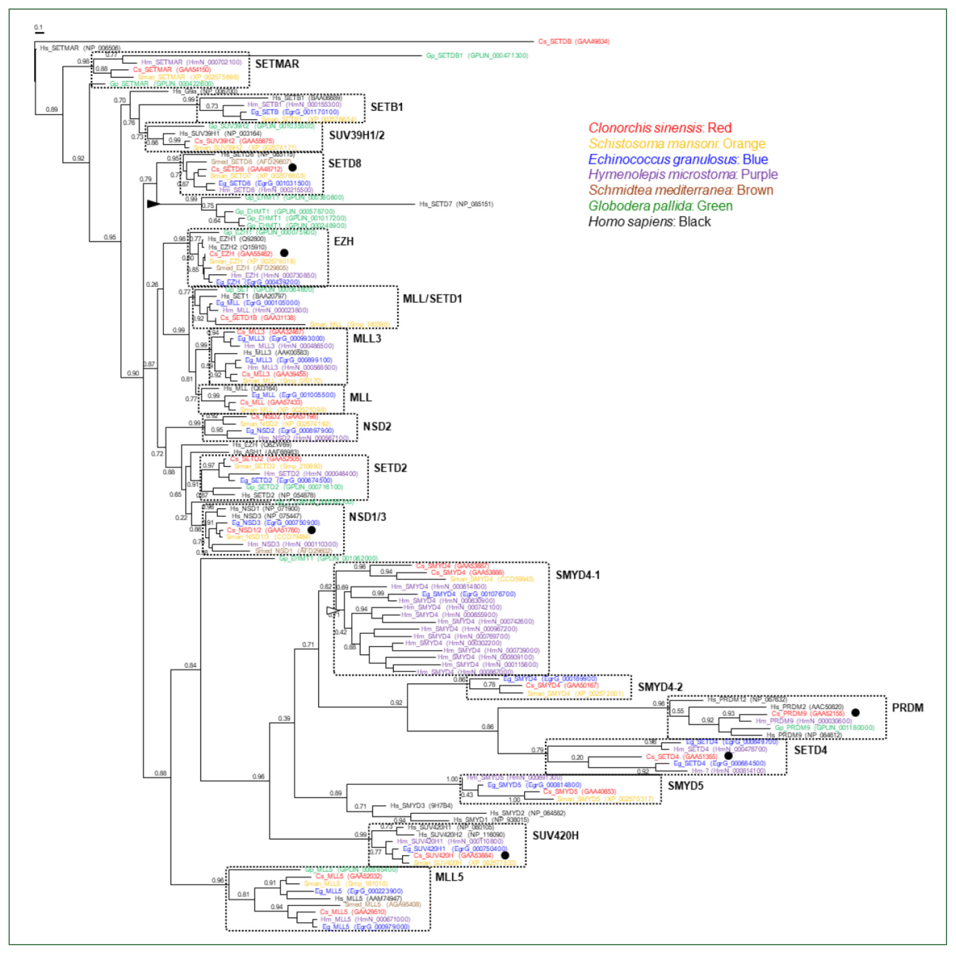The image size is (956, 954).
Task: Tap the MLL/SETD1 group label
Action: (432, 299)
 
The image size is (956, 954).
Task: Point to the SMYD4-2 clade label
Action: (660, 687)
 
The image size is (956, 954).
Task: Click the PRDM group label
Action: (907, 708)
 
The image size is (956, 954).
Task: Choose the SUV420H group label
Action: (555, 836)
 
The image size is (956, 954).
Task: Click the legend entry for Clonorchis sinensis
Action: (659, 128)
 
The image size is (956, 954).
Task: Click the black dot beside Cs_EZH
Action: (284, 253)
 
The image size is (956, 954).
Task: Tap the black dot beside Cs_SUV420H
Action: (505, 855)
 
